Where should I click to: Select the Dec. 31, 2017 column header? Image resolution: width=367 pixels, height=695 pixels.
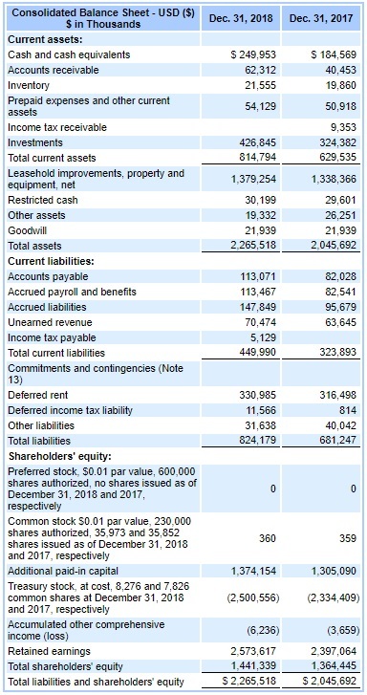pyautogui.click(x=322, y=17)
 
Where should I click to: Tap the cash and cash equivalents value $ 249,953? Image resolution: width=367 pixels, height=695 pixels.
pyautogui.click(x=253, y=54)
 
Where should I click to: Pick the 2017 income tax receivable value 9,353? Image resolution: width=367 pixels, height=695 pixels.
pyautogui.click(x=341, y=127)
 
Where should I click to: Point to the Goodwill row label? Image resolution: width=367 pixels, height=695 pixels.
pyautogui.click(x=26, y=231)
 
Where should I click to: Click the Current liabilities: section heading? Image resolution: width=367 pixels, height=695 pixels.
pyautogui.click(x=50, y=261)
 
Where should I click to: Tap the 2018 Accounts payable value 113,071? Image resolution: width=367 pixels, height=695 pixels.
pyautogui.click(x=256, y=276)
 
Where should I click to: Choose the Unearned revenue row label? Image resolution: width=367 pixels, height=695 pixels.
pyautogui.click(x=44, y=323)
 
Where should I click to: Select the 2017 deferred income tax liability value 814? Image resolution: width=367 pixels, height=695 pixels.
pyautogui.click(x=347, y=409)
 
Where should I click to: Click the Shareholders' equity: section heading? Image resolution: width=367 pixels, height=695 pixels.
pyautogui.click(x=54, y=455)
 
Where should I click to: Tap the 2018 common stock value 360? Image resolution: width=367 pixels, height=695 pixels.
pyautogui.click(x=268, y=538)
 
